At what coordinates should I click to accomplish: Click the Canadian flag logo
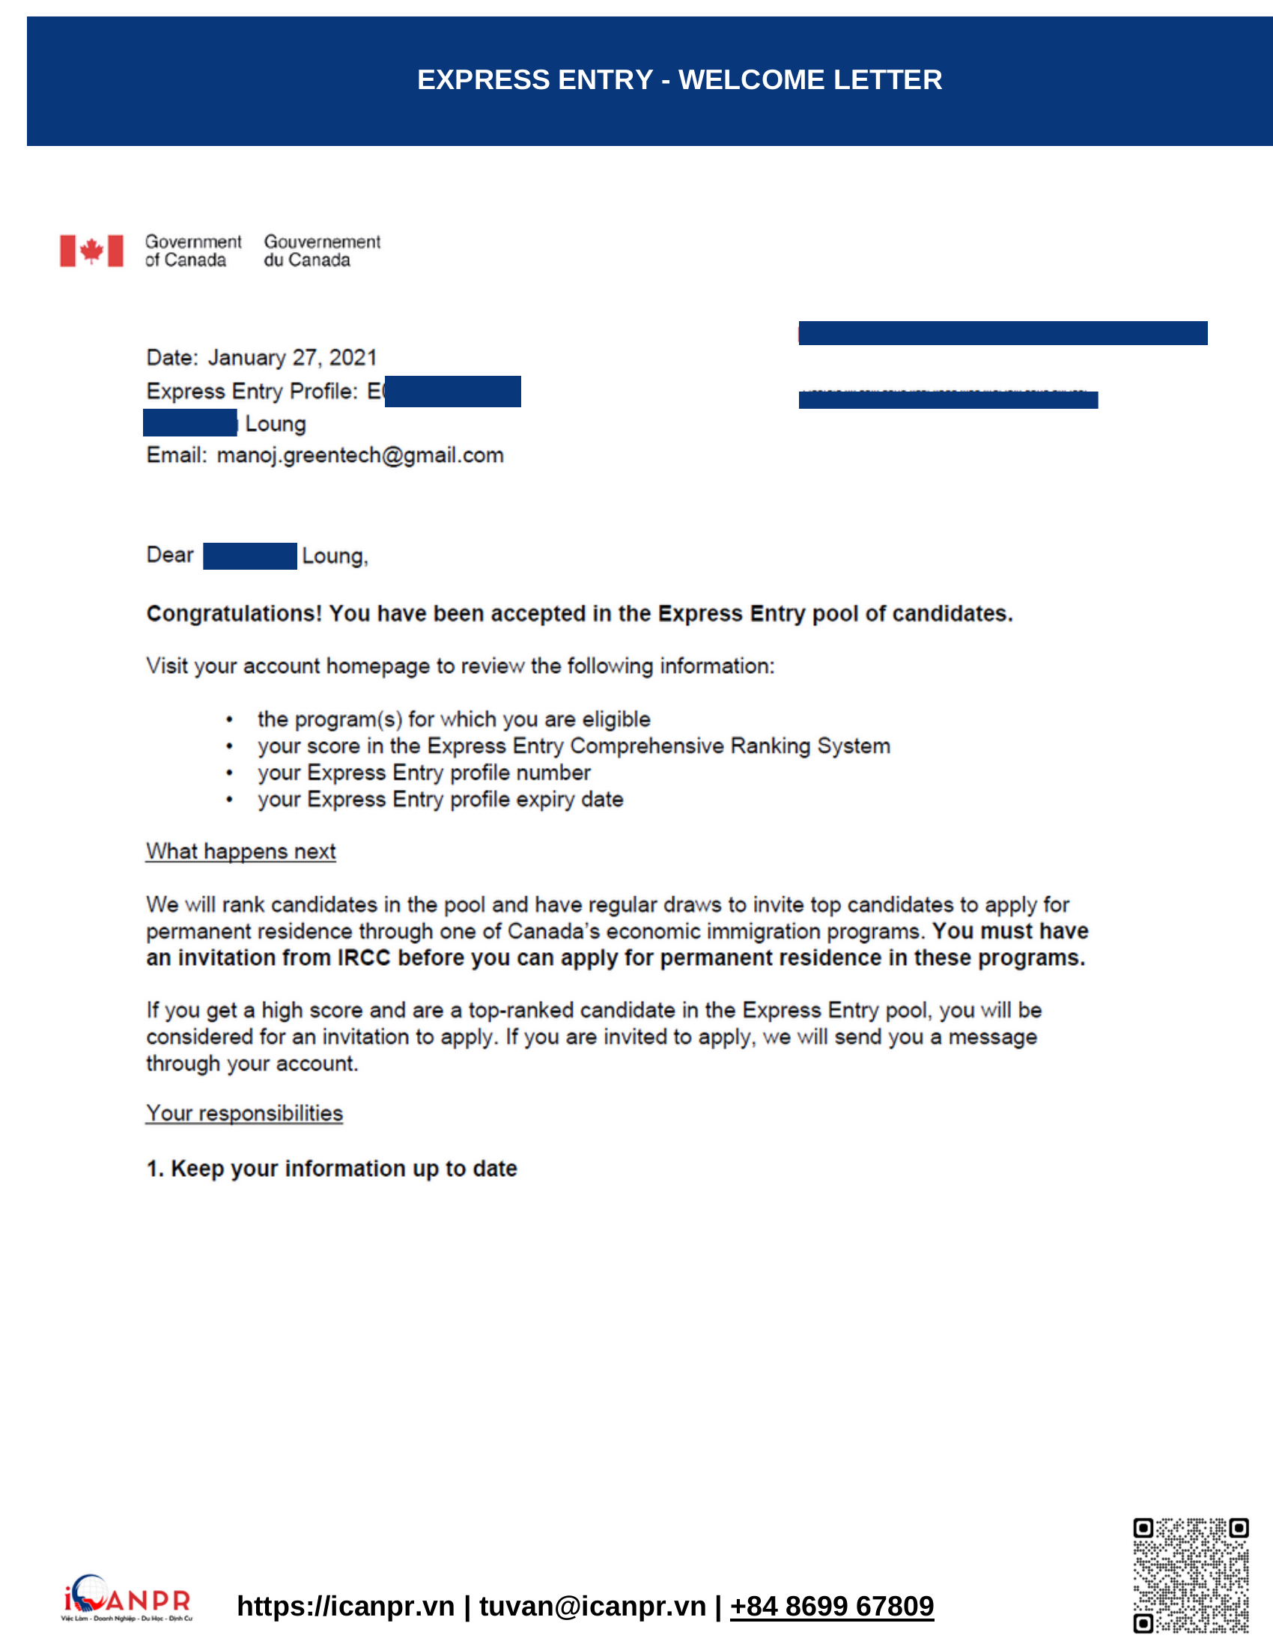tap(91, 250)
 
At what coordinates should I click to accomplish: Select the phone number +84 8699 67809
tap(831, 1607)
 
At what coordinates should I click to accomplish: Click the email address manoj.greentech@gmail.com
tap(359, 455)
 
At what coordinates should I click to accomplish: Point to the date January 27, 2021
tap(292, 357)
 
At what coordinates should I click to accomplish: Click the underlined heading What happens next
tap(240, 851)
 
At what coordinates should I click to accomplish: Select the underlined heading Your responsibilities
tap(244, 1113)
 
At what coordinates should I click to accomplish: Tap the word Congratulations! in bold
tap(234, 614)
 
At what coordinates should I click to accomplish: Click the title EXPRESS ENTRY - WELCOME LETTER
tap(678, 80)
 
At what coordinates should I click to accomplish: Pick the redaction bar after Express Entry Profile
tap(452, 392)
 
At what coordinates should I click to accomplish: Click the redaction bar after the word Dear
tap(249, 555)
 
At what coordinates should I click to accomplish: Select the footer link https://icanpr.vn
tap(345, 1607)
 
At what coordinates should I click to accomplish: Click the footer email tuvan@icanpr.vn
tap(592, 1607)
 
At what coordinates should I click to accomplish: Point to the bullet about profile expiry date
tap(440, 800)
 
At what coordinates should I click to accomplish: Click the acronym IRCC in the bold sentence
tap(363, 958)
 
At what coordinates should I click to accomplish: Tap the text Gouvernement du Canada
tap(322, 251)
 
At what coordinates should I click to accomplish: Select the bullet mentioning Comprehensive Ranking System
tap(573, 746)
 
